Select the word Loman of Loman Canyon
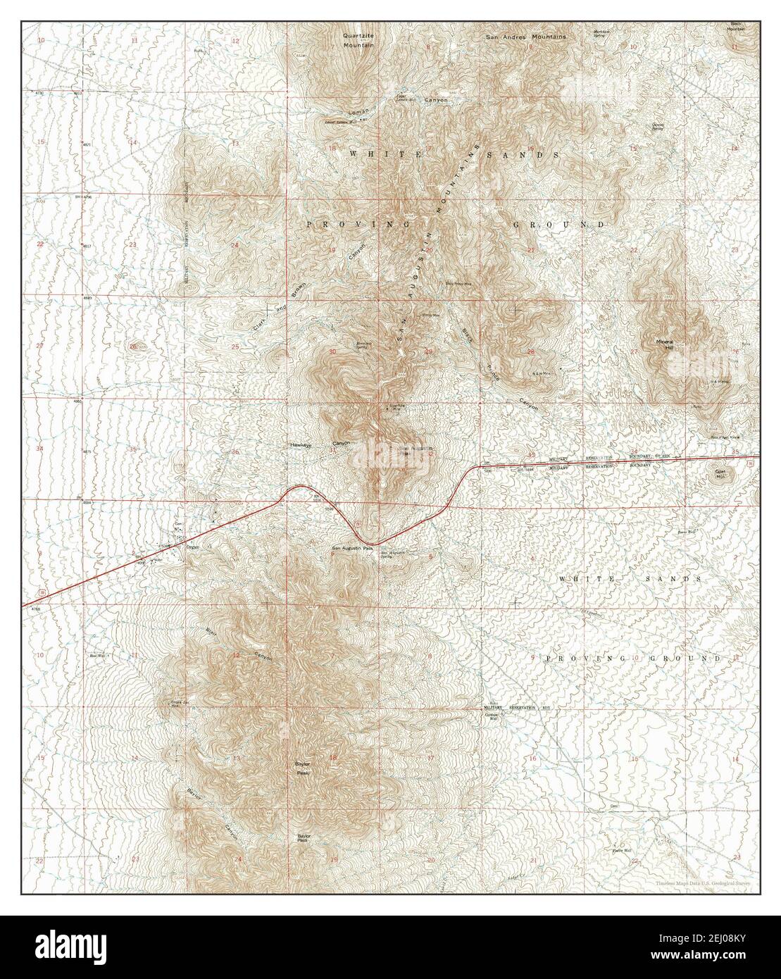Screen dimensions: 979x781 (x=358, y=112)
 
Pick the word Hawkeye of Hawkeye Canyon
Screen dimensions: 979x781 (x=300, y=445)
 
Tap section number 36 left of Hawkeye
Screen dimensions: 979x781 (x=236, y=452)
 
